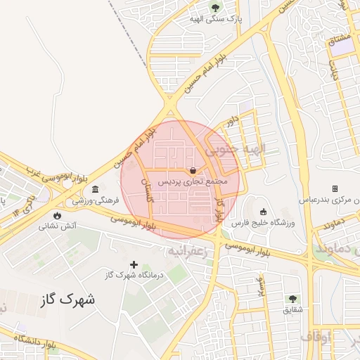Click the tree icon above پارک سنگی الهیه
[x=214, y=9]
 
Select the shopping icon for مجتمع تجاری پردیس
[x=193, y=169]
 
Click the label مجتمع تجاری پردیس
[x=193, y=181]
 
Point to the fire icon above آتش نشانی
[x=57, y=215]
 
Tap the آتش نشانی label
[x=57, y=226]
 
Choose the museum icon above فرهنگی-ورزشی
[x=95, y=189]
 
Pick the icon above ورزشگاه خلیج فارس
[x=263, y=212]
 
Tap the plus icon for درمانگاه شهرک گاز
[x=134, y=264]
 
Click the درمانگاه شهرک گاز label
[x=134, y=276]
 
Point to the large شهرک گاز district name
[x=67, y=299]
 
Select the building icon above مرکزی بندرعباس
[x=335, y=188]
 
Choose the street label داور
[x=231, y=121]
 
